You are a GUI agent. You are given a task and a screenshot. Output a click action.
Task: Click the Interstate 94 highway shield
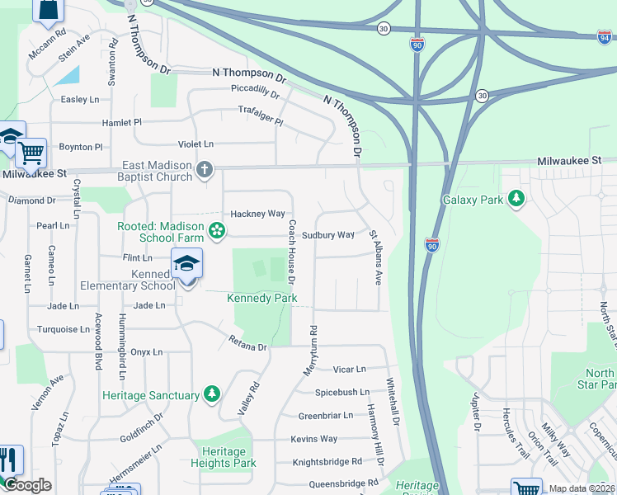[x=605, y=35]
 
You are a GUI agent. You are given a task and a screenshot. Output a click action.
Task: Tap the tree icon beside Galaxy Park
[x=516, y=199]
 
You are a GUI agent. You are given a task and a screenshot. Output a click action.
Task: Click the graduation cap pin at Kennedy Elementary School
[x=187, y=264]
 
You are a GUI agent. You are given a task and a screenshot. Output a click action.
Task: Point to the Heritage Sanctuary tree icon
[x=213, y=395]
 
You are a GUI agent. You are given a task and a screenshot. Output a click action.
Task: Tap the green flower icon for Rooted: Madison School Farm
[x=217, y=230]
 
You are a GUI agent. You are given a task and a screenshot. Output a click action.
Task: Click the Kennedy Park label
[x=261, y=298]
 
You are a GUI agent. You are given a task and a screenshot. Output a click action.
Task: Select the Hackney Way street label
[x=257, y=214]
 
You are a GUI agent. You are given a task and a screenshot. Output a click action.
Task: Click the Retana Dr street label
[x=248, y=343]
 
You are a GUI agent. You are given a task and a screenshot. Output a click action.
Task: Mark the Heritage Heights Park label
[x=224, y=457]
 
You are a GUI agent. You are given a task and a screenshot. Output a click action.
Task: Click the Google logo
[x=28, y=486]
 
